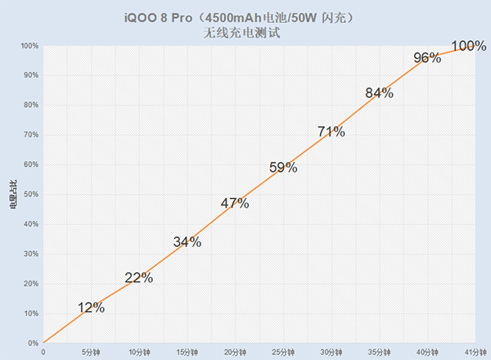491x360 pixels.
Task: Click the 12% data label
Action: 91,308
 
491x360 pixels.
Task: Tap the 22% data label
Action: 139,277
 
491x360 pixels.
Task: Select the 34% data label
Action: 187,241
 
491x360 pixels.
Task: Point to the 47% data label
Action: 235,204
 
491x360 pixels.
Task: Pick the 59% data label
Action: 283,168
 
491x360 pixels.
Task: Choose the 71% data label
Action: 331,131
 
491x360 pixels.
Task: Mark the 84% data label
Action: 379,93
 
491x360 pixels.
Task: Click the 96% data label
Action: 427,57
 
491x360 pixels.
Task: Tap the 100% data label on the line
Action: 469,44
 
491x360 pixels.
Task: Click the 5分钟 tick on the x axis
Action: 91,352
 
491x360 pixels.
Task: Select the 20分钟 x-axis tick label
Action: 235,352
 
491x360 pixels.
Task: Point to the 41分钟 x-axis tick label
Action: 475,352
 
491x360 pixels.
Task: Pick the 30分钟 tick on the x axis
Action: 331,352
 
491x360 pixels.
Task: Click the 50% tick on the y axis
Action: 29,194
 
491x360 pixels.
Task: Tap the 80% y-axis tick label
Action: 29,105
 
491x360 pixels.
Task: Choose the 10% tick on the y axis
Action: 29,313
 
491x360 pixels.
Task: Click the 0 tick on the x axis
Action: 43,352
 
